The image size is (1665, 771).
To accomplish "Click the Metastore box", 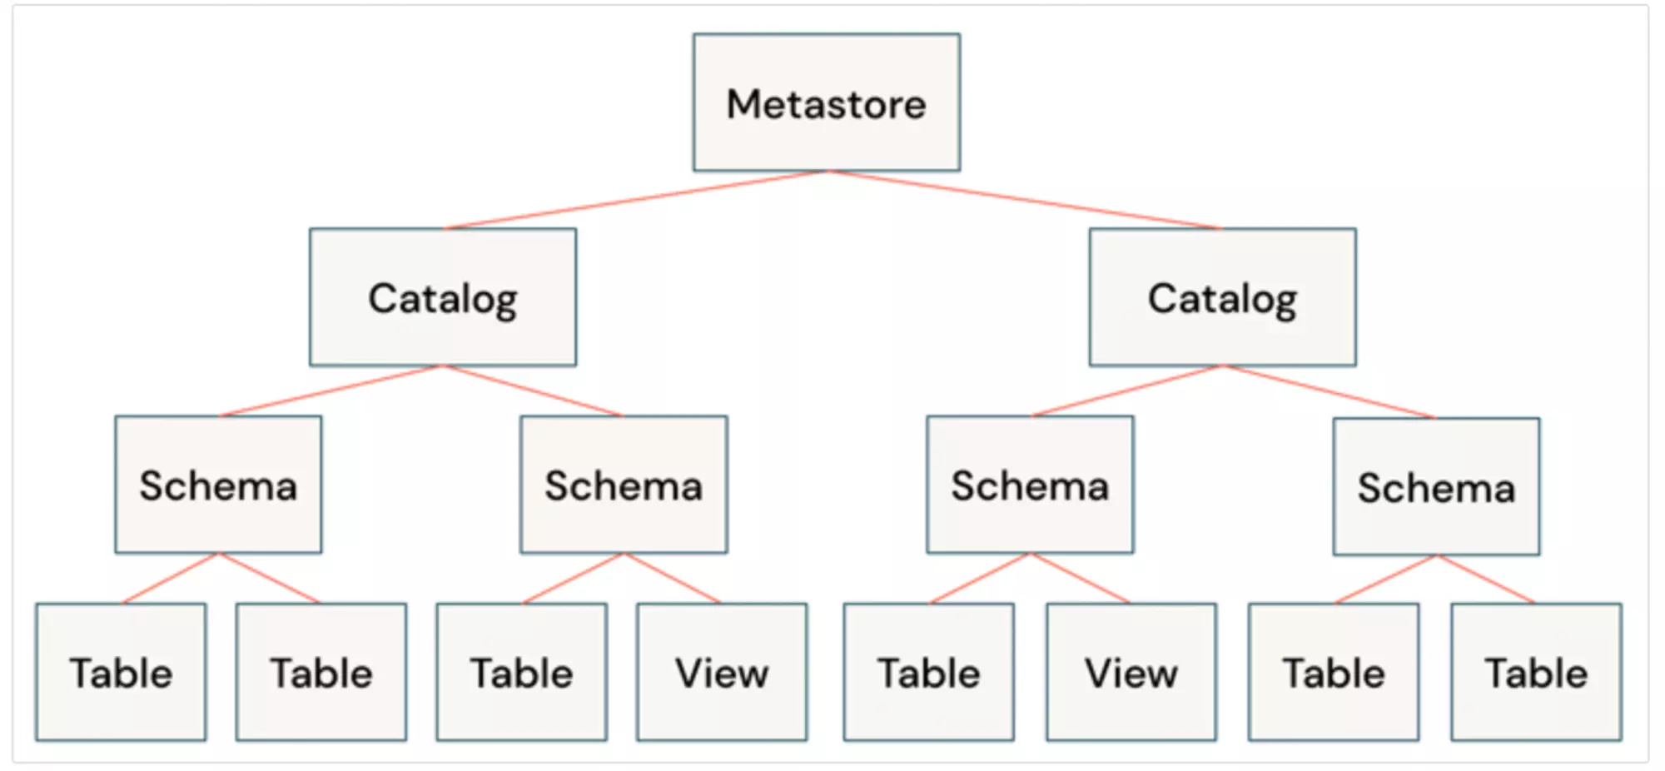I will pyautogui.click(x=826, y=102).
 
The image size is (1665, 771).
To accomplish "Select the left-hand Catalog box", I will pyautogui.click(x=442, y=297).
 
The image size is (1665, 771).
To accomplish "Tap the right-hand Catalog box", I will pyautogui.click(x=1222, y=297).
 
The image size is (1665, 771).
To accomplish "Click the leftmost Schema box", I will pyautogui.click(x=218, y=485).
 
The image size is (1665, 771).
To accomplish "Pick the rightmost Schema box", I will pyautogui.click(x=1436, y=486).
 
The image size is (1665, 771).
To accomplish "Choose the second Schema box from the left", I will pyautogui.click(x=624, y=485).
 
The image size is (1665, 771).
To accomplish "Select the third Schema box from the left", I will pyautogui.click(x=1030, y=485).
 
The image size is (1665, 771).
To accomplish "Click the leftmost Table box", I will pyautogui.click(x=121, y=672).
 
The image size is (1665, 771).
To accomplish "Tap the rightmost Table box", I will pyautogui.click(x=1536, y=672).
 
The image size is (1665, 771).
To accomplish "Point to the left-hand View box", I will pyautogui.click(x=722, y=672).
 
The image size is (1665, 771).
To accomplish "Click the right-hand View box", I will pyautogui.click(x=1131, y=672).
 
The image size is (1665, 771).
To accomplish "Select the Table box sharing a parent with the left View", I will pyautogui.click(x=522, y=672).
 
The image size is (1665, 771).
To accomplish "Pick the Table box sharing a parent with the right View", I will pyautogui.click(x=928, y=672).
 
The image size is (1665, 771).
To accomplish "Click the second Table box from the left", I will pyautogui.click(x=321, y=672).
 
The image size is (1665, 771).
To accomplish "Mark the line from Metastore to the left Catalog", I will pyautogui.click(x=637, y=200).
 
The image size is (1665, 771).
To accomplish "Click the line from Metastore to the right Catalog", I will pyautogui.click(x=1024, y=200).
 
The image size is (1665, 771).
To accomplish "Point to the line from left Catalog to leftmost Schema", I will pyautogui.click(x=331, y=390).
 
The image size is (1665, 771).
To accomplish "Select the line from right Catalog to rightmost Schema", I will pyautogui.click(x=1330, y=391).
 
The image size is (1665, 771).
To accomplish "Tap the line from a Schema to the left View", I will pyautogui.click(x=673, y=578).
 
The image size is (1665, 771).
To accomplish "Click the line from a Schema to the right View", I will pyautogui.click(x=1080, y=578).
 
